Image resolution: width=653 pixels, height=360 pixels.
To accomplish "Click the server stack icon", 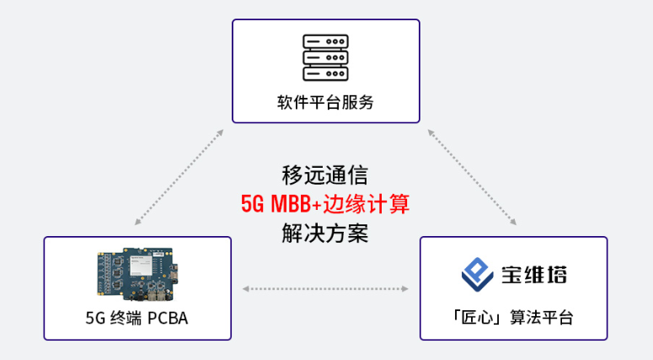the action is click(x=326, y=57).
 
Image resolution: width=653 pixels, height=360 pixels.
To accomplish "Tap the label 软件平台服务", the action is click(x=326, y=102).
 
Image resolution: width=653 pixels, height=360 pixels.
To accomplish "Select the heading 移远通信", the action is click(x=325, y=175).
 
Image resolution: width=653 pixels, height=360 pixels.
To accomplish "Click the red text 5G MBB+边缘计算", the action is click(x=325, y=204).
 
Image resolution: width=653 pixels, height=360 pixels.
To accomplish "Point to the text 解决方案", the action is click(x=325, y=233).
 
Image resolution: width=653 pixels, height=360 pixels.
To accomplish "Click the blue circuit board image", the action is click(x=138, y=274).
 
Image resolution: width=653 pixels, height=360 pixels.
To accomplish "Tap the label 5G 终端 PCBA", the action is click(x=137, y=318).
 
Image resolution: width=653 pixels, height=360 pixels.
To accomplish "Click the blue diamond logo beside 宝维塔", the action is click(x=477, y=274).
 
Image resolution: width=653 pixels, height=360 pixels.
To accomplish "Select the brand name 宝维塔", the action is click(x=534, y=275).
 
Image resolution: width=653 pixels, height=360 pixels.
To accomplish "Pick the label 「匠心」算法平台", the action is click(x=513, y=318).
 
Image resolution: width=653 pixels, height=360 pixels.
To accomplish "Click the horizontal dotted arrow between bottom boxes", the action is click(x=325, y=288).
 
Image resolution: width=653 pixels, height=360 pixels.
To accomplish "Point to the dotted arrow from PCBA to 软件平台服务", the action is click(x=179, y=177).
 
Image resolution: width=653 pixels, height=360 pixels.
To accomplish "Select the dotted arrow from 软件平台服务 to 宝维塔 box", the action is click(x=472, y=177).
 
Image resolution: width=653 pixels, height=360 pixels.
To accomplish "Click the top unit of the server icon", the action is click(x=326, y=41).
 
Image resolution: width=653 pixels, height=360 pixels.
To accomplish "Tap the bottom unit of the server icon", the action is click(x=326, y=73).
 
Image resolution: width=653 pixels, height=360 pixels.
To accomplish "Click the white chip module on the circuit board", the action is click(x=141, y=265).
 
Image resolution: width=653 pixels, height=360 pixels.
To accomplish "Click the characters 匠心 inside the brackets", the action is click(x=477, y=318).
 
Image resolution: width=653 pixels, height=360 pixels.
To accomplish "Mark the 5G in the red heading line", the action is click(x=253, y=204).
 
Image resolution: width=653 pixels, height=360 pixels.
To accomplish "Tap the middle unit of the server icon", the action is click(x=326, y=57).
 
